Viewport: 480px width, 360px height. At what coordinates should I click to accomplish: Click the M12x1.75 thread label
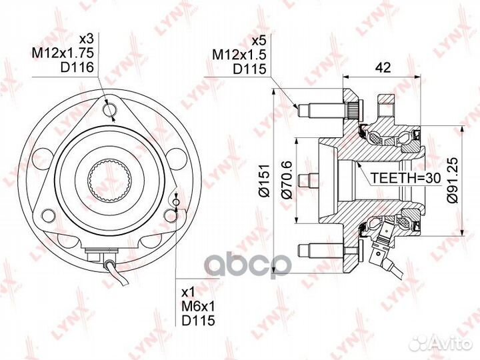[x=63, y=53]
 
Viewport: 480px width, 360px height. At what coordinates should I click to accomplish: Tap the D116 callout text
[x=77, y=67]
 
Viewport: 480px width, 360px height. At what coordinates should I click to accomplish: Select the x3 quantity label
[x=86, y=39]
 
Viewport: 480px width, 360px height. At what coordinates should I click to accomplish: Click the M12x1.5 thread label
[x=239, y=55]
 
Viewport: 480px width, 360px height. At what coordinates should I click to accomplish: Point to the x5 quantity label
[x=259, y=41]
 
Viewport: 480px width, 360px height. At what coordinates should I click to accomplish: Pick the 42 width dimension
[x=383, y=67]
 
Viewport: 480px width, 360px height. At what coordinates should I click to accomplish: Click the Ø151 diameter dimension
[x=263, y=181]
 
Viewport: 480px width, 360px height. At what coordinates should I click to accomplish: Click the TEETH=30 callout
[x=405, y=178]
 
